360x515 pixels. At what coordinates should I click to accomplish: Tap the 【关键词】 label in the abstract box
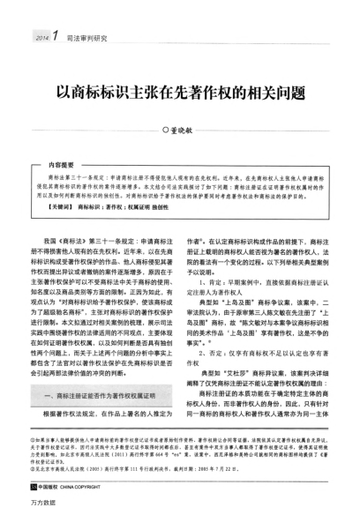[64, 205]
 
